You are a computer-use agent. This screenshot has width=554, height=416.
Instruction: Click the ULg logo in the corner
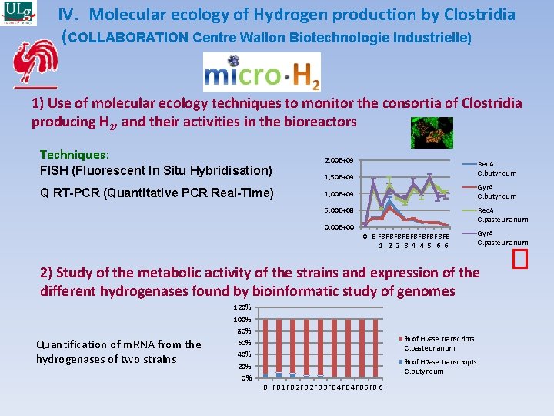[x=18, y=14]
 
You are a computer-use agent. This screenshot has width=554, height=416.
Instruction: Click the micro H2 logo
[x=262, y=72]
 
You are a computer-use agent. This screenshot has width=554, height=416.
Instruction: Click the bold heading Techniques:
[x=75, y=155]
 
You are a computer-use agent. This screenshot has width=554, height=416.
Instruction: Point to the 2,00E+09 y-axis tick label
[x=339, y=159]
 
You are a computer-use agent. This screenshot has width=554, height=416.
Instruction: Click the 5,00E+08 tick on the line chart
[x=339, y=210]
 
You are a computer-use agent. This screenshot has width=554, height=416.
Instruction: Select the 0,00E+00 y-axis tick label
[x=339, y=227]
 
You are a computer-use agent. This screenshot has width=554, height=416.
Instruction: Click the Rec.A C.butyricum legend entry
[x=496, y=169]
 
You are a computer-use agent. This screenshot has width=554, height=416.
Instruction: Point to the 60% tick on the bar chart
[x=244, y=342]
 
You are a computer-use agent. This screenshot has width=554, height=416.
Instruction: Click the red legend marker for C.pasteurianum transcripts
[x=400, y=339]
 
